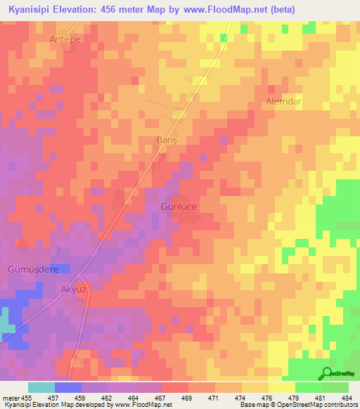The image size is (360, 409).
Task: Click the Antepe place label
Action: point(65,39)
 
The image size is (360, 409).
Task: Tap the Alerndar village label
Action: point(283,102)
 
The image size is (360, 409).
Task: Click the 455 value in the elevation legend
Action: point(25,398)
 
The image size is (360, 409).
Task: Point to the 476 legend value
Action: point(268,398)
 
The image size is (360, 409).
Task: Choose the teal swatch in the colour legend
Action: point(41,387)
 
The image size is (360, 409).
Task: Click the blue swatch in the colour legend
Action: point(68,387)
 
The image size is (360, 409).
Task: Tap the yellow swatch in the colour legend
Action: point(281,387)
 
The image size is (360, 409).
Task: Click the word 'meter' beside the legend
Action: point(11,398)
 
